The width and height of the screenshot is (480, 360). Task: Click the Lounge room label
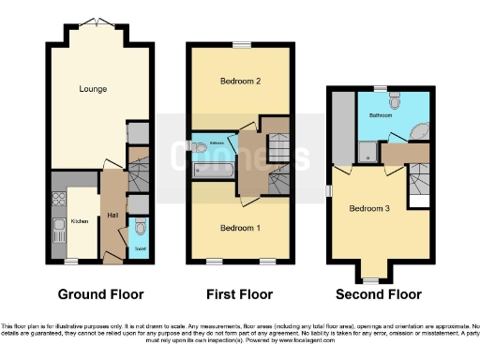(x=93, y=90)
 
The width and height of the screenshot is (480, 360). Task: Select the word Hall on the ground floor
(x=113, y=216)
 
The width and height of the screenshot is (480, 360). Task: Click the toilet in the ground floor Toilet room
(x=139, y=227)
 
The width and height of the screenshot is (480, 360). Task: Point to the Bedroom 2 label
(x=239, y=82)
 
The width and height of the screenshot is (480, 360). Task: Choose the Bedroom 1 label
(x=239, y=228)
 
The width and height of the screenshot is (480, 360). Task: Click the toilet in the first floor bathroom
(x=198, y=146)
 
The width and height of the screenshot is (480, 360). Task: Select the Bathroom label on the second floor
(x=381, y=116)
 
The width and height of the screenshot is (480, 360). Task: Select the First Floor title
(x=239, y=293)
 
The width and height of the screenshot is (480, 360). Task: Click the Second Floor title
(x=380, y=293)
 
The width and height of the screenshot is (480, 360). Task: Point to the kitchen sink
(x=56, y=199)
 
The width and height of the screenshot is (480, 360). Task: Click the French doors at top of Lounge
(x=93, y=22)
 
